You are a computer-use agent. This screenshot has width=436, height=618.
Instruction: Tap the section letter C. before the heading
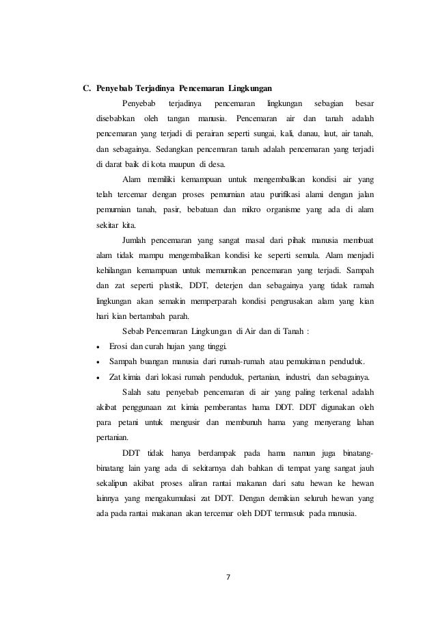[87, 88]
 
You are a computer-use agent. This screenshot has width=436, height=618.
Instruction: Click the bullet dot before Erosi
[100, 345]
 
